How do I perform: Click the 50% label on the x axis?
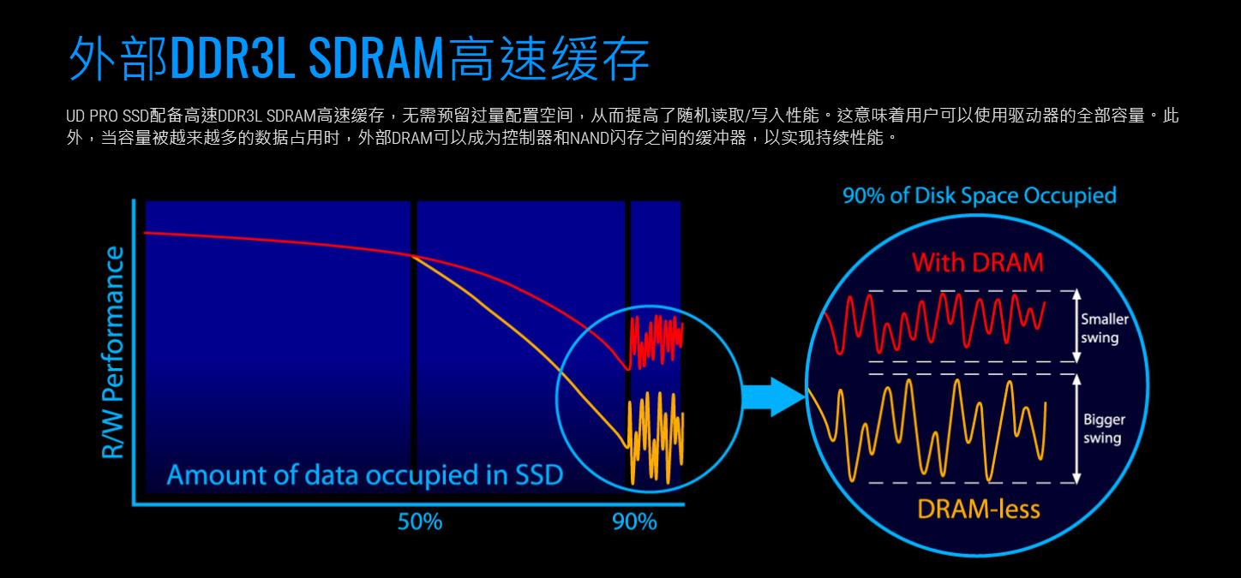(419, 521)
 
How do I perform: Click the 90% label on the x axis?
(634, 521)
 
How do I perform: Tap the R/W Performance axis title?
(114, 352)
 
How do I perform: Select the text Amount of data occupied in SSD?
(364, 475)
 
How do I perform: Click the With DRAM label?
(978, 262)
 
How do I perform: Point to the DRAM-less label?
(978, 509)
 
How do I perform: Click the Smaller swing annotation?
(1104, 328)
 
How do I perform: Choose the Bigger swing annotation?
(1104, 429)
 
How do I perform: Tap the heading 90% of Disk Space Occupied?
(980, 196)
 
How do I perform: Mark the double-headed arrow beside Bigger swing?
(1075, 428)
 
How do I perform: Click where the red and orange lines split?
(413, 255)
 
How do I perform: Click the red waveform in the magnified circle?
(934, 323)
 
